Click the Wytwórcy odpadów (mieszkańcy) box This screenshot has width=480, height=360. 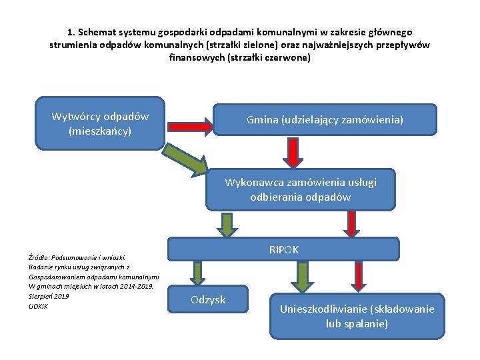[x=100, y=124]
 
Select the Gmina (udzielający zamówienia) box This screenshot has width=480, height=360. [x=325, y=120]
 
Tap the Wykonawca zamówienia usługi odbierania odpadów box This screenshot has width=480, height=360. [x=301, y=189]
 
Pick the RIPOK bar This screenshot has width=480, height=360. [x=283, y=249]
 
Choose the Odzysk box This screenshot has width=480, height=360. [x=208, y=300]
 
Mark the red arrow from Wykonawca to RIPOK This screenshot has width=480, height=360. [x=351, y=225]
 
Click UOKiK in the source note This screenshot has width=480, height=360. [x=39, y=306]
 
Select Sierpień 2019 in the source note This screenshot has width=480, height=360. [x=49, y=296]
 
